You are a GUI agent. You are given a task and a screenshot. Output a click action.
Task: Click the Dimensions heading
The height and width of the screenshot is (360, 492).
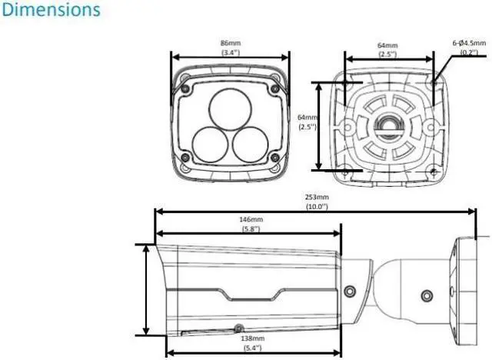click(x=52, y=9)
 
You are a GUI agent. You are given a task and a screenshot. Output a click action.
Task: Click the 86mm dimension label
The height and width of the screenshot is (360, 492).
click(x=231, y=43)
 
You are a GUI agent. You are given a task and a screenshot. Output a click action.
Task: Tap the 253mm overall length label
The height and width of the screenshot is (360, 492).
click(x=317, y=197)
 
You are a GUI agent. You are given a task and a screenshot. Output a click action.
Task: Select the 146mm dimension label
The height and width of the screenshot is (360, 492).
click(x=251, y=219)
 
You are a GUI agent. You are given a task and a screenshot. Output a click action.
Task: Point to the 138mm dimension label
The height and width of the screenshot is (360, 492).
click(x=253, y=338)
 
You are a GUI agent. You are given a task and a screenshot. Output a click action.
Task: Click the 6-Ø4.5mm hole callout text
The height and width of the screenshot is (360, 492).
click(x=469, y=42)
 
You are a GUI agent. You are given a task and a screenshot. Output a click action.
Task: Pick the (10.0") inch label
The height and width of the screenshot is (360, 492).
click(x=317, y=206)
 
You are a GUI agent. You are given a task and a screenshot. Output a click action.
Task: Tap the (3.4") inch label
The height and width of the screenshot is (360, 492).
click(x=231, y=52)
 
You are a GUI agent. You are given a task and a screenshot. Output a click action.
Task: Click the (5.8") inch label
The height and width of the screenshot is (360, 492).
click(x=251, y=228)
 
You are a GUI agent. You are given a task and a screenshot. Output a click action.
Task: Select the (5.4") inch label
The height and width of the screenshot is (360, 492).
click(x=253, y=348)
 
